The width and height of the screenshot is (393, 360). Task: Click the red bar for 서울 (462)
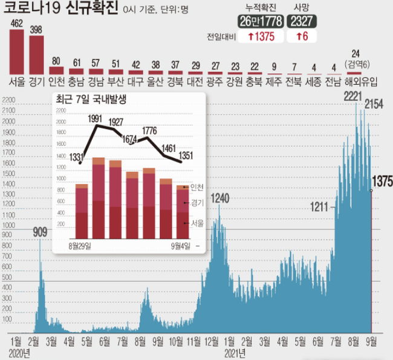pyautogui.click(x=17, y=51)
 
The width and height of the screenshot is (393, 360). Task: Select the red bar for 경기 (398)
pyautogui.click(x=37, y=54)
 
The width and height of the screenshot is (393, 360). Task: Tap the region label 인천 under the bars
pyautogui.click(x=57, y=80)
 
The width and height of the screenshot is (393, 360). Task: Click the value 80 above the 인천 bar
pyautogui.click(x=57, y=61)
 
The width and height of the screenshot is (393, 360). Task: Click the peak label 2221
pyautogui.click(x=352, y=97)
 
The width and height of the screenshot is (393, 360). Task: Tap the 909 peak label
pyautogui.click(x=40, y=231)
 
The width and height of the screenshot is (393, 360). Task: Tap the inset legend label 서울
pyautogui.click(x=197, y=223)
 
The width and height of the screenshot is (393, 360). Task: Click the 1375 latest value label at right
pyautogui.click(x=382, y=180)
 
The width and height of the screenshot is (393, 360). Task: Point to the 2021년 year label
pyautogui.click(x=235, y=352)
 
